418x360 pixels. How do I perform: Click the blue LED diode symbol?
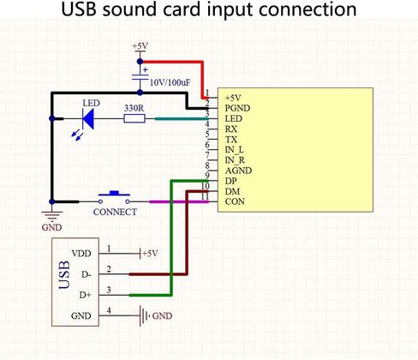pos(88,118)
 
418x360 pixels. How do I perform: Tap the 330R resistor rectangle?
pos(134,118)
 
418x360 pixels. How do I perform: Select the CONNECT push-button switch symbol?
pos(114,198)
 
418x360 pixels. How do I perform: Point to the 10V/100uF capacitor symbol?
pos(140,77)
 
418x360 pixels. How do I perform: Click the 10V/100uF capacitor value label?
pos(170,83)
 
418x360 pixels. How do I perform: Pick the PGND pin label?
pos(237,108)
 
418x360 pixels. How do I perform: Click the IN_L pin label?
pos(234,150)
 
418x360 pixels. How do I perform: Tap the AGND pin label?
pos(238,171)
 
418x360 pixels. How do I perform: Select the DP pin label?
pos(230,181)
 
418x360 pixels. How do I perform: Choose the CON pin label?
pos(235,201)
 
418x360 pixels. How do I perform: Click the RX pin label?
pos(231,129)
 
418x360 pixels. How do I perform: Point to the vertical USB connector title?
pos(64,274)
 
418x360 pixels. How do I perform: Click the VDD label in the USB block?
pos(81,254)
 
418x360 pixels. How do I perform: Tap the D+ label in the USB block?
pos(85,295)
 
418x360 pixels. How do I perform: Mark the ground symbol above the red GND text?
pos(52,216)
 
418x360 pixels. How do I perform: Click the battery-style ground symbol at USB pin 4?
pos(144,315)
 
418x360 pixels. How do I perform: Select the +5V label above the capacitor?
pos(140,46)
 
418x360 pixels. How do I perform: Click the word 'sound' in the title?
pos(130,9)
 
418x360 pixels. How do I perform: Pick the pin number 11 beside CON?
pos(205,196)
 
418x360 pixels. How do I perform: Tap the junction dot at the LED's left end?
pos(52,118)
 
